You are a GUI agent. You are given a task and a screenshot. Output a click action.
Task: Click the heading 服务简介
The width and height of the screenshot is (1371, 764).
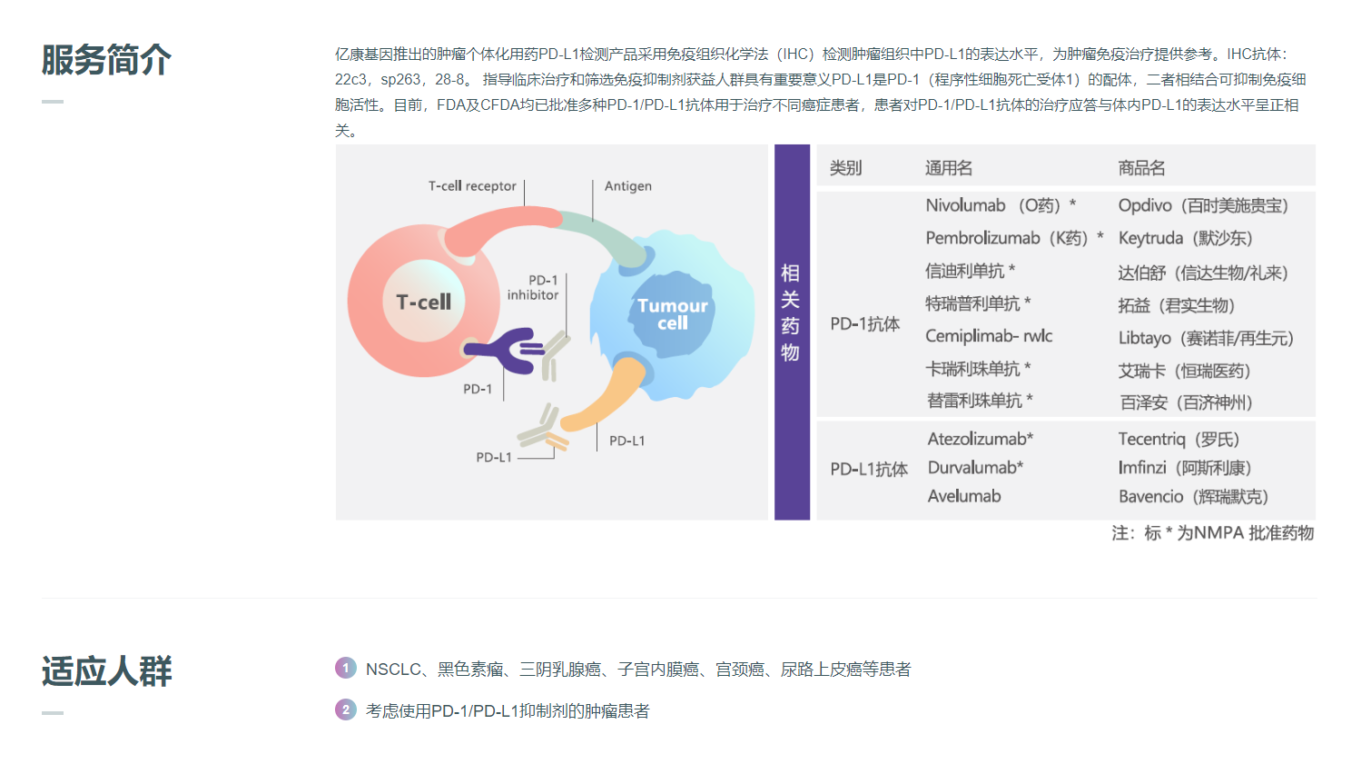click(106, 60)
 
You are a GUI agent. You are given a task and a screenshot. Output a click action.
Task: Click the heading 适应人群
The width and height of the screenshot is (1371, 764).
click(106, 671)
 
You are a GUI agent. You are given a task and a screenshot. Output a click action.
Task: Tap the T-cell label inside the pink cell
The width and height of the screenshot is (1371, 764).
click(423, 302)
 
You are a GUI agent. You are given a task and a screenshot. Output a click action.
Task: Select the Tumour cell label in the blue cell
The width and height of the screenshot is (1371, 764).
click(672, 314)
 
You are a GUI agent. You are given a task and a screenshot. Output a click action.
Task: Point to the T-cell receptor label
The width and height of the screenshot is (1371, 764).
click(472, 186)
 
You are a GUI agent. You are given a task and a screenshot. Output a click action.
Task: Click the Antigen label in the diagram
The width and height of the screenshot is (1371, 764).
click(628, 186)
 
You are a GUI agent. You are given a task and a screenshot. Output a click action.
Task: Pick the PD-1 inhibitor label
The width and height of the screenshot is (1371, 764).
click(533, 288)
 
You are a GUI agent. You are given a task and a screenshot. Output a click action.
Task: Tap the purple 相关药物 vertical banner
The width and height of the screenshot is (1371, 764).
click(791, 313)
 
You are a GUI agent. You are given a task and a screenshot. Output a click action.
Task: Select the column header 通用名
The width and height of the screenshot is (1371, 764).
click(949, 168)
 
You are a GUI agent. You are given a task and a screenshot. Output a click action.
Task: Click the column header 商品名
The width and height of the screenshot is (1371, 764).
click(1141, 168)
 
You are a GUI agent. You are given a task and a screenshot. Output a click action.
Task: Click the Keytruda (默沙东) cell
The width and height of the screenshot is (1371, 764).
click(1185, 238)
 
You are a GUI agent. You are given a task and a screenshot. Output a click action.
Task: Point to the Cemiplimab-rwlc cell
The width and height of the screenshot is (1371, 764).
click(989, 336)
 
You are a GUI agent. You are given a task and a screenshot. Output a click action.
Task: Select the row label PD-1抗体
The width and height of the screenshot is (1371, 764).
click(864, 324)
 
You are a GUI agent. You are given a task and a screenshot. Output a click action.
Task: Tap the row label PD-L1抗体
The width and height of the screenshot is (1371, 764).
click(868, 469)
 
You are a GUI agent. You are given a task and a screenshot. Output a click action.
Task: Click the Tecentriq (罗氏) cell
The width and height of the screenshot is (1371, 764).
click(1179, 440)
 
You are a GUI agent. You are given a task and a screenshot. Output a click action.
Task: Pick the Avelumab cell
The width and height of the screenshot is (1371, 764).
click(964, 496)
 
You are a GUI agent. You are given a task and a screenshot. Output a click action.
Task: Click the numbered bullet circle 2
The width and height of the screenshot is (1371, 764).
click(346, 709)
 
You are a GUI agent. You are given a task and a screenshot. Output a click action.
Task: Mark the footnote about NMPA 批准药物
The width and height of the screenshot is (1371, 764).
click(1212, 533)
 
